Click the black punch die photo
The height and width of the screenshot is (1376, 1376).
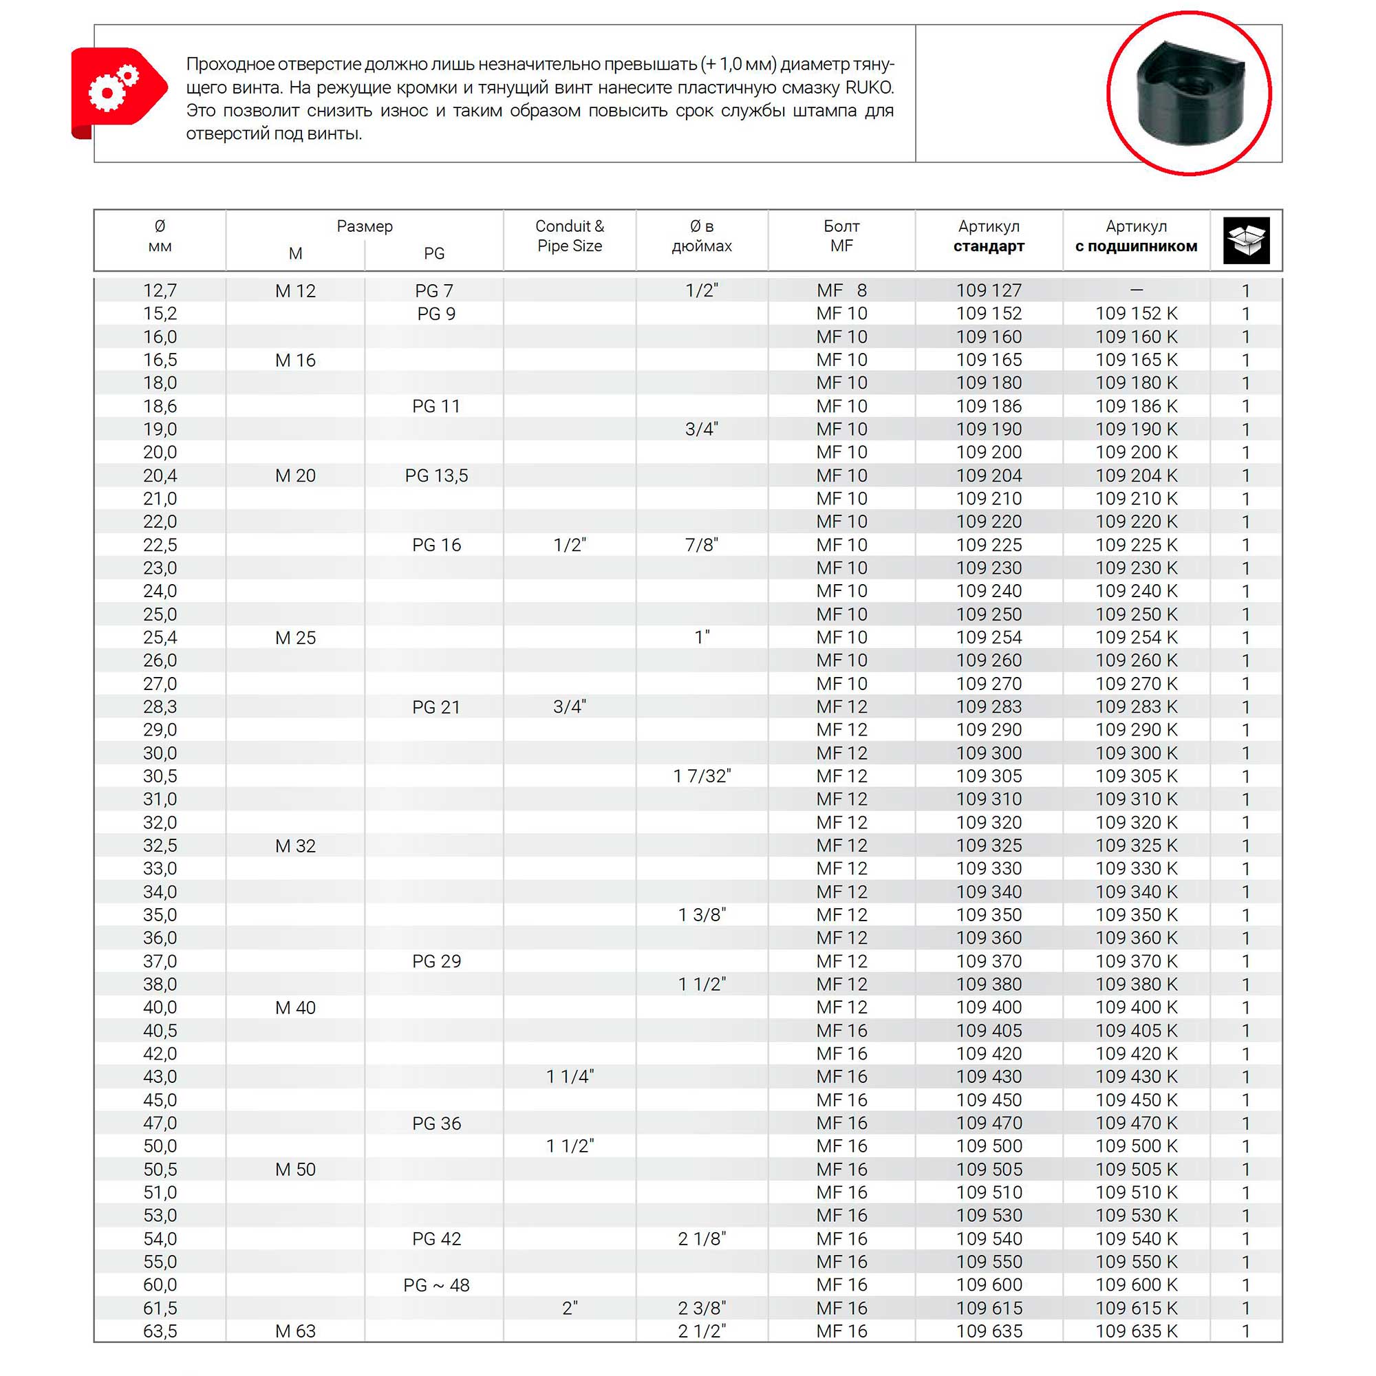1189,93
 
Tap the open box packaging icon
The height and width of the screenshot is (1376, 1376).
1246,240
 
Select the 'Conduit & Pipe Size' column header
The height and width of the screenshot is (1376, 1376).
569,236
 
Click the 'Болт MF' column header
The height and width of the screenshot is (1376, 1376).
841,236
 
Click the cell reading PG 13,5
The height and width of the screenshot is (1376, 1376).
436,476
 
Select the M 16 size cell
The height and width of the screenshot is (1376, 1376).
295,361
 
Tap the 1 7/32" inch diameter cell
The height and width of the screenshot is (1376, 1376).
702,776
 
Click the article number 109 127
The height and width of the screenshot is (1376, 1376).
989,290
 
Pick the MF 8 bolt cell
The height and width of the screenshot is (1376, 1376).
841,290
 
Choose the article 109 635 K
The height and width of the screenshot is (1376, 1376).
1136,1331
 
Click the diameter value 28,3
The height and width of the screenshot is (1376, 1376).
160,707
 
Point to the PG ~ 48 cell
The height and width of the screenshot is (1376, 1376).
436,1284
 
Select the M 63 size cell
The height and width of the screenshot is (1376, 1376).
295,1331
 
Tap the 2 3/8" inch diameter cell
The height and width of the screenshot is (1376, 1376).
702,1309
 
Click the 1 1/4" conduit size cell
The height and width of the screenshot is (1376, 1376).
569,1077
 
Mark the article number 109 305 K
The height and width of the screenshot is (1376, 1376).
1136,776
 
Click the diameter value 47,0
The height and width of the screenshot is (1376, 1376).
160,1124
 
